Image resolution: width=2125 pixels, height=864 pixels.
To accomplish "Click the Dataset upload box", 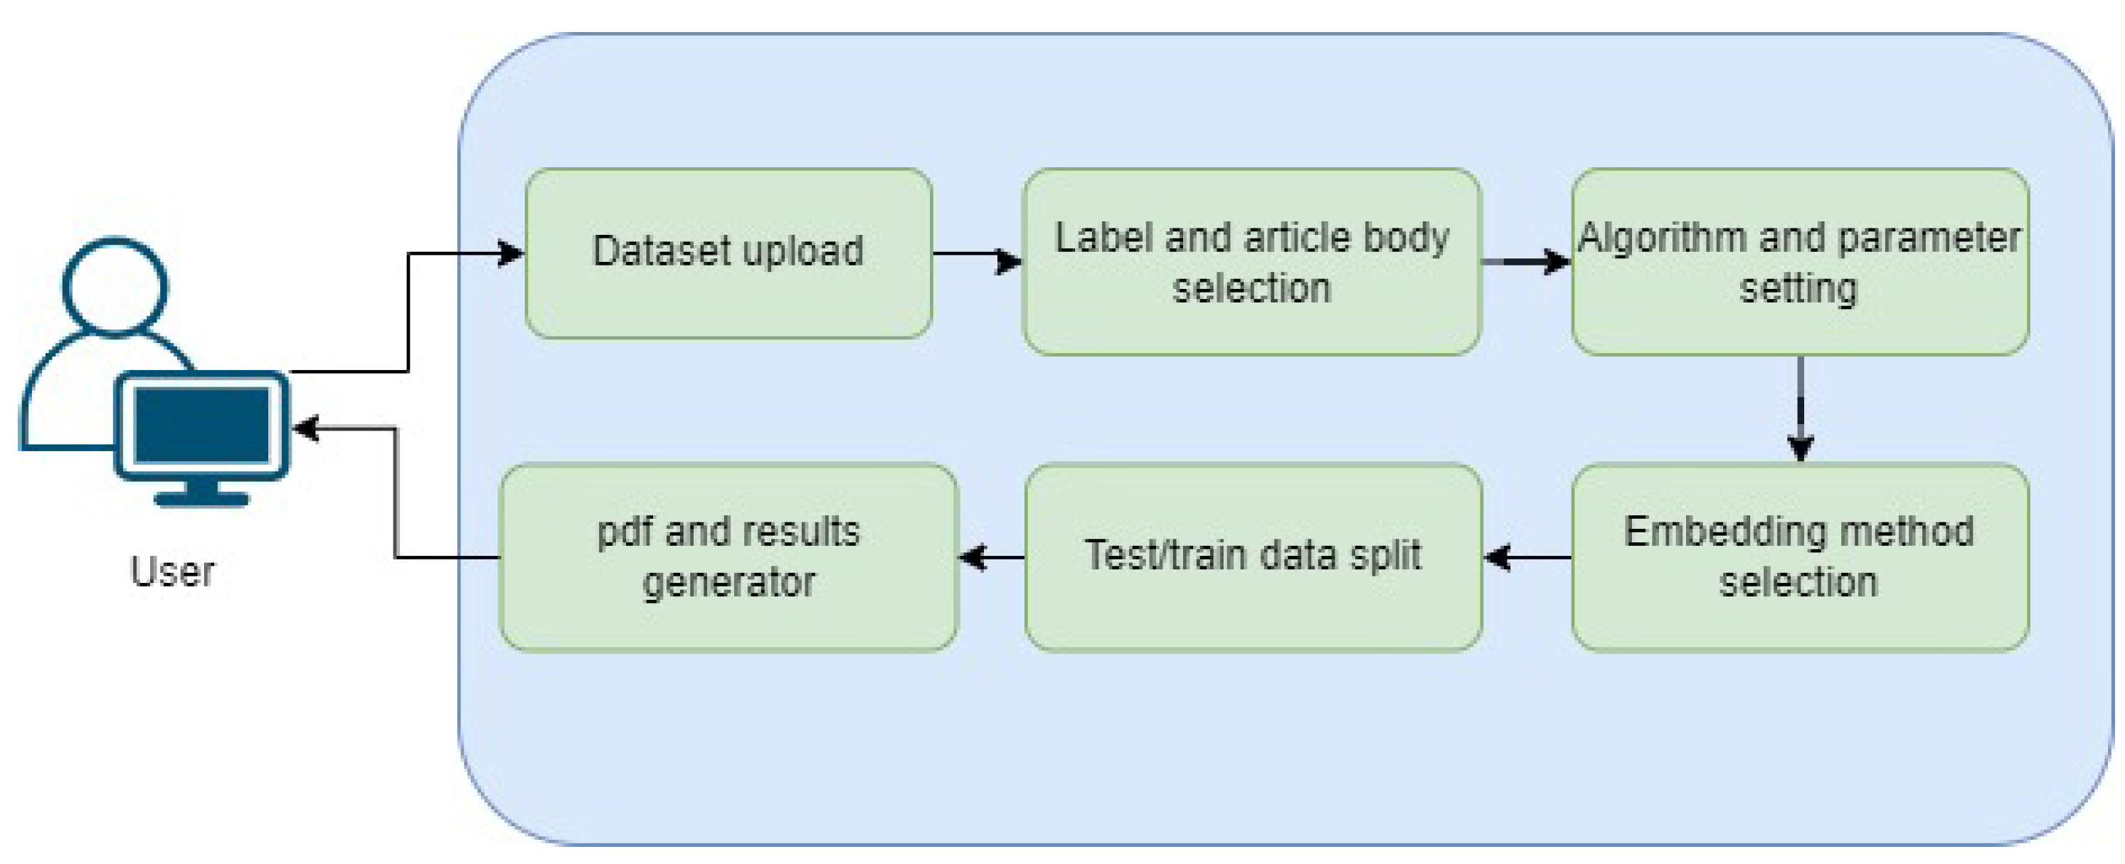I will pos(728,253).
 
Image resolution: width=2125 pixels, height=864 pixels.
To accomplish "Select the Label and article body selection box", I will pos(1251,263).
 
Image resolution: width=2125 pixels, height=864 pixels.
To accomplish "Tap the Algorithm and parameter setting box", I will pos(1799,263).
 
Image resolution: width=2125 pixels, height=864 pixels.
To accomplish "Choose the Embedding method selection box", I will pos(1799,557).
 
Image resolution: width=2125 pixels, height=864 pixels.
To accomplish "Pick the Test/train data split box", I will pos(1253,557).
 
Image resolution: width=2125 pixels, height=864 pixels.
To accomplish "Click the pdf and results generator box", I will pos(728,557).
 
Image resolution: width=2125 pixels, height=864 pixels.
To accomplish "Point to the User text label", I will pos(171,571).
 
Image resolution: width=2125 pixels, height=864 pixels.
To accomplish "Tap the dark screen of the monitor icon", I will pos(202,425).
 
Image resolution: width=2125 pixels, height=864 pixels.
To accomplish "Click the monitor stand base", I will pos(201,498).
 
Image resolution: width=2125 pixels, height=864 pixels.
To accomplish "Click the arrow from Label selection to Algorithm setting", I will pos(1526,262).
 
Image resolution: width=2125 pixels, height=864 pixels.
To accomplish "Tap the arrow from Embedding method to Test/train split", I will pos(1527,557).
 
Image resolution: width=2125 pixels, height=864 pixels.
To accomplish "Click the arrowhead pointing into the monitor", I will pos(306,428).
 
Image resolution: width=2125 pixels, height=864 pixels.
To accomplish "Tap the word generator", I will pos(728,584).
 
